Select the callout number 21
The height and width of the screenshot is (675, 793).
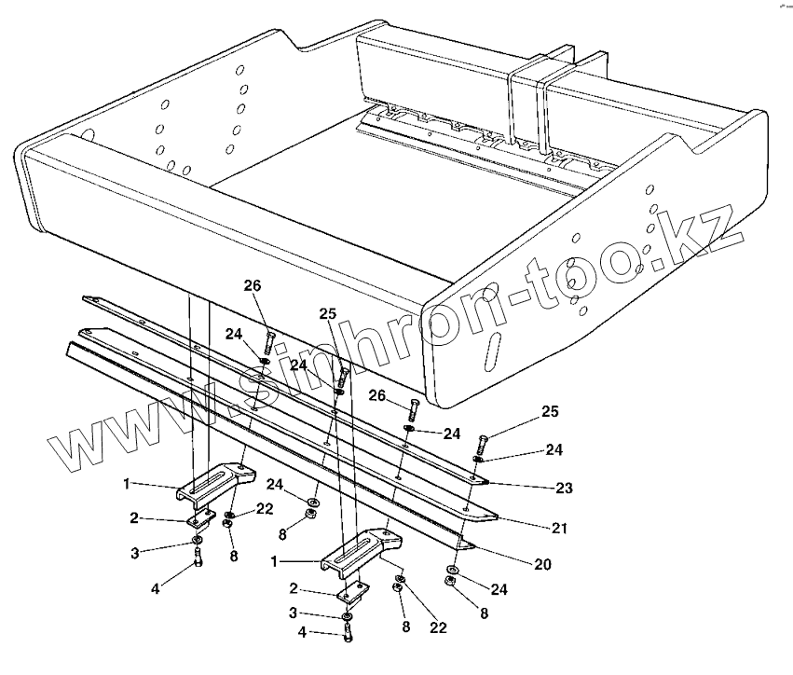[x=559, y=529]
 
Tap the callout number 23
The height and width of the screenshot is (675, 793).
[x=564, y=487]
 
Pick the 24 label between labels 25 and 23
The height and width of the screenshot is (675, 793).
[x=554, y=449]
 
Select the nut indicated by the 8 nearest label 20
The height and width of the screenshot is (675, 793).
[x=449, y=582]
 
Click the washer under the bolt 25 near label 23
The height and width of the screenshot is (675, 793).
[x=477, y=460]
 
